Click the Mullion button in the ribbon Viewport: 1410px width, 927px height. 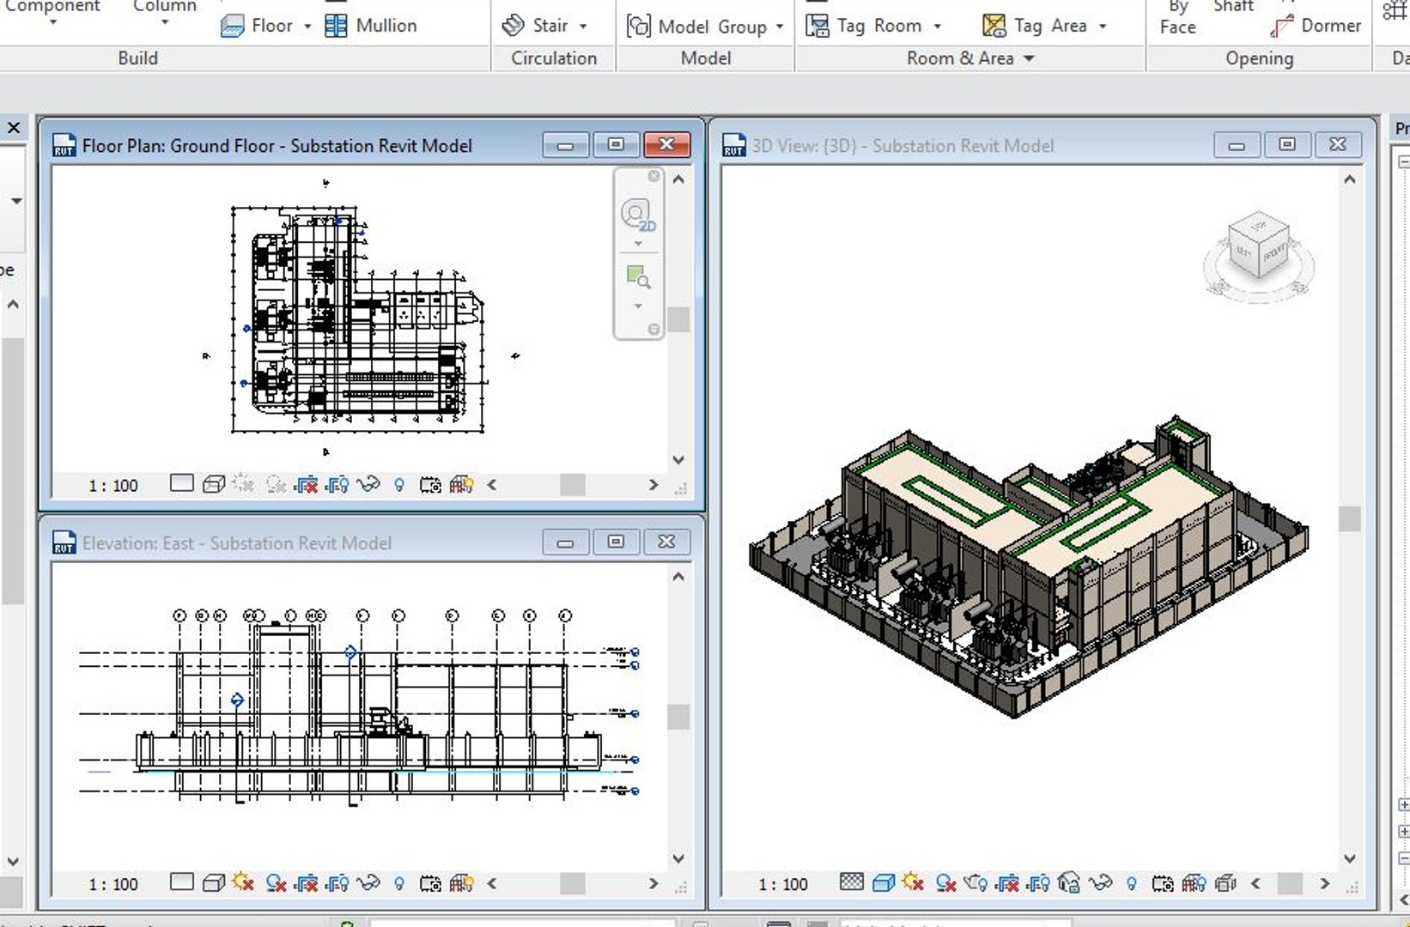[371, 26]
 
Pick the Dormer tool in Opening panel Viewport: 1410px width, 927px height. [1316, 26]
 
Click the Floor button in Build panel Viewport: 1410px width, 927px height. [265, 26]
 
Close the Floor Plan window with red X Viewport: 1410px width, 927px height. [666, 144]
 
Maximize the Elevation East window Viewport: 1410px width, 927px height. [616, 542]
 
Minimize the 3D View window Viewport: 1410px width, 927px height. [1237, 145]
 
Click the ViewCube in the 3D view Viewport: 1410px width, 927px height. [1259, 248]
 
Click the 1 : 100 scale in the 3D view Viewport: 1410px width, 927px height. [782, 884]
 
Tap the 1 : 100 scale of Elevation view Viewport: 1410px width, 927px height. [112, 884]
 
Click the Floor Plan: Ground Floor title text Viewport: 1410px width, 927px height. [277, 146]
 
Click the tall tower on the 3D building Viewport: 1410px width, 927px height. [1182, 443]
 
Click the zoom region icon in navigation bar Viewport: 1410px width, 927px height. [637, 276]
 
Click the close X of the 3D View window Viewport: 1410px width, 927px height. [1337, 145]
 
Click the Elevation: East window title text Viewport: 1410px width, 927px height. [236, 543]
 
